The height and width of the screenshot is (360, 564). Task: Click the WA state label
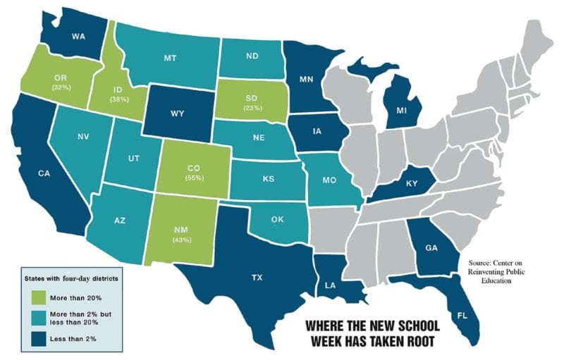pos(78,36)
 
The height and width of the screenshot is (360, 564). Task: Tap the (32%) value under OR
pos(61,87)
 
